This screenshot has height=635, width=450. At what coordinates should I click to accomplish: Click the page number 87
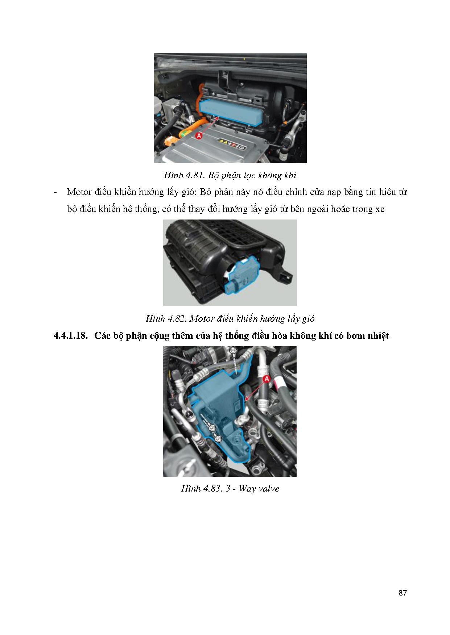coord(402,593)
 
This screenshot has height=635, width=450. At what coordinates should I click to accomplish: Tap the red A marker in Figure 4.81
coord(199,136)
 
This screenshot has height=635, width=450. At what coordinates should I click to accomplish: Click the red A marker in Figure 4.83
coord(267,379)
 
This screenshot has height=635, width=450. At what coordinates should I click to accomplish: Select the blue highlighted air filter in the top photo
coord(230,110)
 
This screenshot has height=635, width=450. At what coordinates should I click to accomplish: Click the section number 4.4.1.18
coord(71,335)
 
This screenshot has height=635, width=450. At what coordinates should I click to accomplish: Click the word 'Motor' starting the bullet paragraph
coord(79,192)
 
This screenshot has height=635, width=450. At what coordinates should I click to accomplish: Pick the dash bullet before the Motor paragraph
coord(55,192)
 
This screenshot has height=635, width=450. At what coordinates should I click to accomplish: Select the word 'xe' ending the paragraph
coord(380,209)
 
